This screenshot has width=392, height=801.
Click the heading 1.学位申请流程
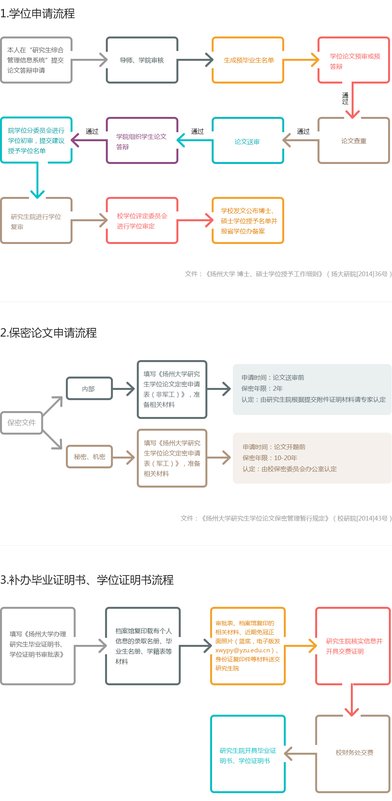point(38,14)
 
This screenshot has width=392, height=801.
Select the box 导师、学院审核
point(142,60)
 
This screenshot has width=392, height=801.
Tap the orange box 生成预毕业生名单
point(248,60)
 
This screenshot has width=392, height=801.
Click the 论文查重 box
point(354,141)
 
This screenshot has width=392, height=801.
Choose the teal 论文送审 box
point(248,141)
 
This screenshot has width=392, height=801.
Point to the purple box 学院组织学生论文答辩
point(142,141)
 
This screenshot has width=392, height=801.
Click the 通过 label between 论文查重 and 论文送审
point(303,131)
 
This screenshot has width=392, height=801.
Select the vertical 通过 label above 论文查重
point(345,98)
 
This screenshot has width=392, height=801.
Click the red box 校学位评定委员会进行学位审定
point(142,221)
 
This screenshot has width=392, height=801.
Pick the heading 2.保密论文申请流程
point(49,333)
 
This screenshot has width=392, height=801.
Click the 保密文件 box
point(22,422)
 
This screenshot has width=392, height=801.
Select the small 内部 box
point(89,389)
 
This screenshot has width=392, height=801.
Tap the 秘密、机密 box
point(89,457)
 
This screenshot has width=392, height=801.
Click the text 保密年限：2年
point(262,388)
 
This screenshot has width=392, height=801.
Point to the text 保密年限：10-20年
point(270,458)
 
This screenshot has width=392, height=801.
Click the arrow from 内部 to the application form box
point(124,389)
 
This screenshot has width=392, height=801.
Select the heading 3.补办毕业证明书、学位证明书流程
point(87,580)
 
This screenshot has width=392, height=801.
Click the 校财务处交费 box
point(354,752)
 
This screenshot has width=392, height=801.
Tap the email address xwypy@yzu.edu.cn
point(243,650)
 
